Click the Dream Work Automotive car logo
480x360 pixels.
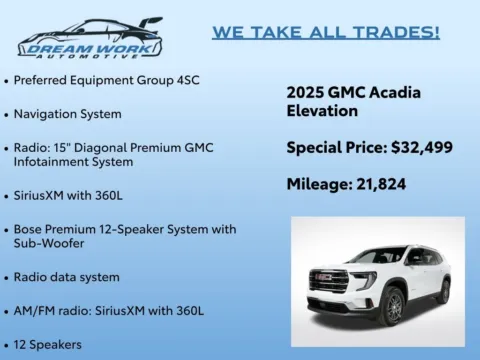(89, 37)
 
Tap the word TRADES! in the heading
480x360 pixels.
(399, 32)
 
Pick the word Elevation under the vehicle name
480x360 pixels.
(323, 112)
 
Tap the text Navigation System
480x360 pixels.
(68, 114)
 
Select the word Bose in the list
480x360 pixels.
(28, 229)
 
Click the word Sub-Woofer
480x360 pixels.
(50, 242)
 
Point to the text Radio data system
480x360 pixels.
(66, 277)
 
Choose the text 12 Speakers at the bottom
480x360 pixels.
(47, 344)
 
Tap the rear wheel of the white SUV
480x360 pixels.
(443, 291)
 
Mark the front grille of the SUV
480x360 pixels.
(330, 280)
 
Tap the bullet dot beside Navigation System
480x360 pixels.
(7, 114)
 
